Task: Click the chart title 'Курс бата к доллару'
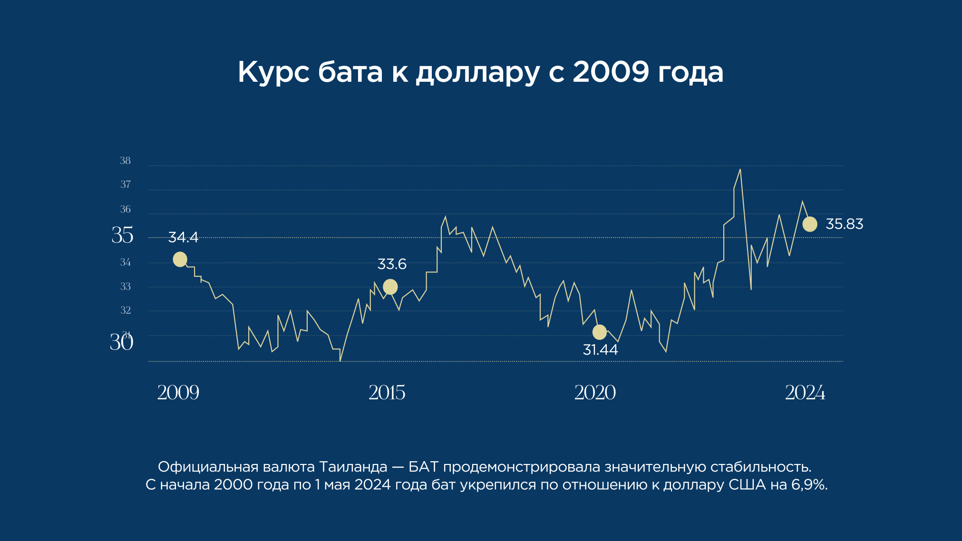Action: (480, 72)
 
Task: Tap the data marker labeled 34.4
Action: (180, 260)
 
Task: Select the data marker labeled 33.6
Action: (390, 287)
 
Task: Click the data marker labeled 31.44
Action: (600, 332)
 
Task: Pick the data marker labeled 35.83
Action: (810, 224)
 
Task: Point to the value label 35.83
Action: (844, 224)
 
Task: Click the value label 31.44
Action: (600, 350)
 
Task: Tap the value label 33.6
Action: (392, 264)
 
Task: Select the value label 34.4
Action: (183, 237)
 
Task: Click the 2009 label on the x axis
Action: (178, 393)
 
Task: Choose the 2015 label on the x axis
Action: (387, 393)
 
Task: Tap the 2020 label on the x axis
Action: (595, 393)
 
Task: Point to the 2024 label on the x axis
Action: (805, 393)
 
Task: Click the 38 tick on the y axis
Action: (125, 161)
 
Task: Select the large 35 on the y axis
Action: (122, 235)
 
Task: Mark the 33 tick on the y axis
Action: (125, 287)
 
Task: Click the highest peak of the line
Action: (740, 170)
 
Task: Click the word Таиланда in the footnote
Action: (353, 467)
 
